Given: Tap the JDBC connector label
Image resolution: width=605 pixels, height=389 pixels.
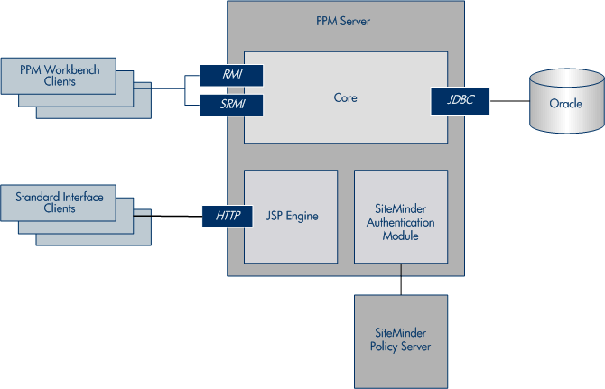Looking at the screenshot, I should pyautogui.click(x=461, y=98).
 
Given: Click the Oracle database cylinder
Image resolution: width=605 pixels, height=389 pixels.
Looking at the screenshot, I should pyautogui.click(x=565, y=102).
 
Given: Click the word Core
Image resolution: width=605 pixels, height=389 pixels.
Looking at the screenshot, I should pyautogui.click(x=345, y=97).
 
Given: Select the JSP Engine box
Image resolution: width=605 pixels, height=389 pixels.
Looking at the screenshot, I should pyautogui.click(x=291, y=216).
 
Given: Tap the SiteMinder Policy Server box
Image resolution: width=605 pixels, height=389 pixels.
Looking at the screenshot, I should pyautogui.click(x=400, y=339).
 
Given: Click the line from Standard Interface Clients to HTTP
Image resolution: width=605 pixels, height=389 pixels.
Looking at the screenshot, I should pyautogui.click(x=172, y=214).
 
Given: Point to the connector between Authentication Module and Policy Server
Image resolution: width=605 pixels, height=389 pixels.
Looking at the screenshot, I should pyautogui.click(x=400, y=284).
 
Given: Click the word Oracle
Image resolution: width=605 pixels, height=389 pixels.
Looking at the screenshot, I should pyautogui.click(x=565, y=104).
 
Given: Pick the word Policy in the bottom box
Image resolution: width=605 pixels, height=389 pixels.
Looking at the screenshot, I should pyautogui.click(x=386, y=347).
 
